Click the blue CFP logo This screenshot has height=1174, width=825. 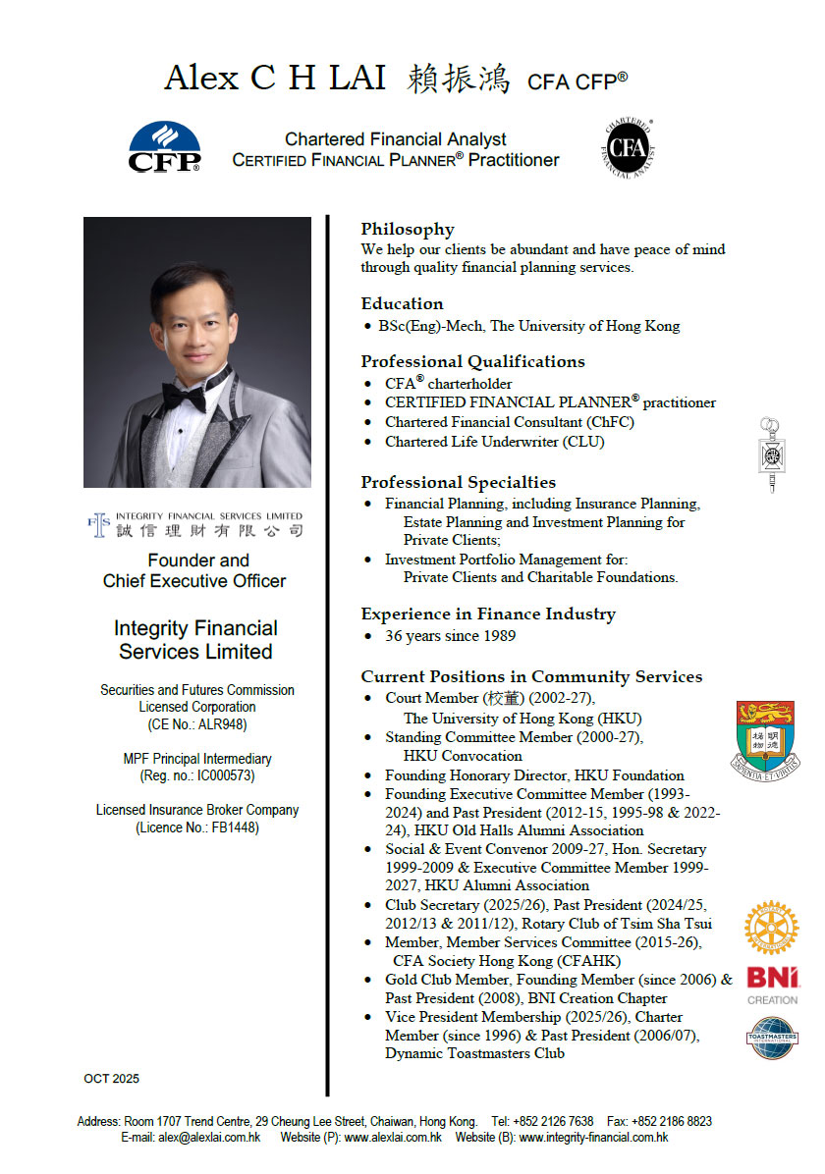coord(164,147)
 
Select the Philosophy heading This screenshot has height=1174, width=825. coord(407,230)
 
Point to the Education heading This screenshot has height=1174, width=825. coord(402,304)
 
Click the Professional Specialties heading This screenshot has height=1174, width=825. coord(458,483)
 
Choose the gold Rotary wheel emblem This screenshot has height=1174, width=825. coord(772,929)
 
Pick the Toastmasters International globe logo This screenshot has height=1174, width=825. coord(772,1038)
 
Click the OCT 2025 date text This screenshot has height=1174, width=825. coord(111,1079)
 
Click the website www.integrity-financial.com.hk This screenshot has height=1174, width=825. coord(593,1138)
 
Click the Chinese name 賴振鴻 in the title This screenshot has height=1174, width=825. coord(458,79)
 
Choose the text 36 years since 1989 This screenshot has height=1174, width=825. coord(450,636)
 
